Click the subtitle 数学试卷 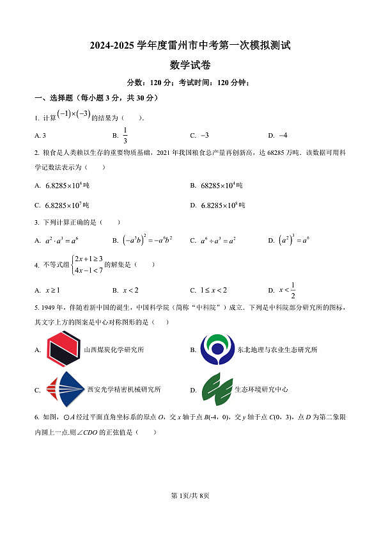[190, 65]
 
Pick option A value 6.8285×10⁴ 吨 [67, 186]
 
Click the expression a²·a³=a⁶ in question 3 [61, 241]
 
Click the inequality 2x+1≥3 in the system [89, 259]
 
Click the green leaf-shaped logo [217, 389]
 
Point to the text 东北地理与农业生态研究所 [277, 350]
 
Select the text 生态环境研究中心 [261, 389]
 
